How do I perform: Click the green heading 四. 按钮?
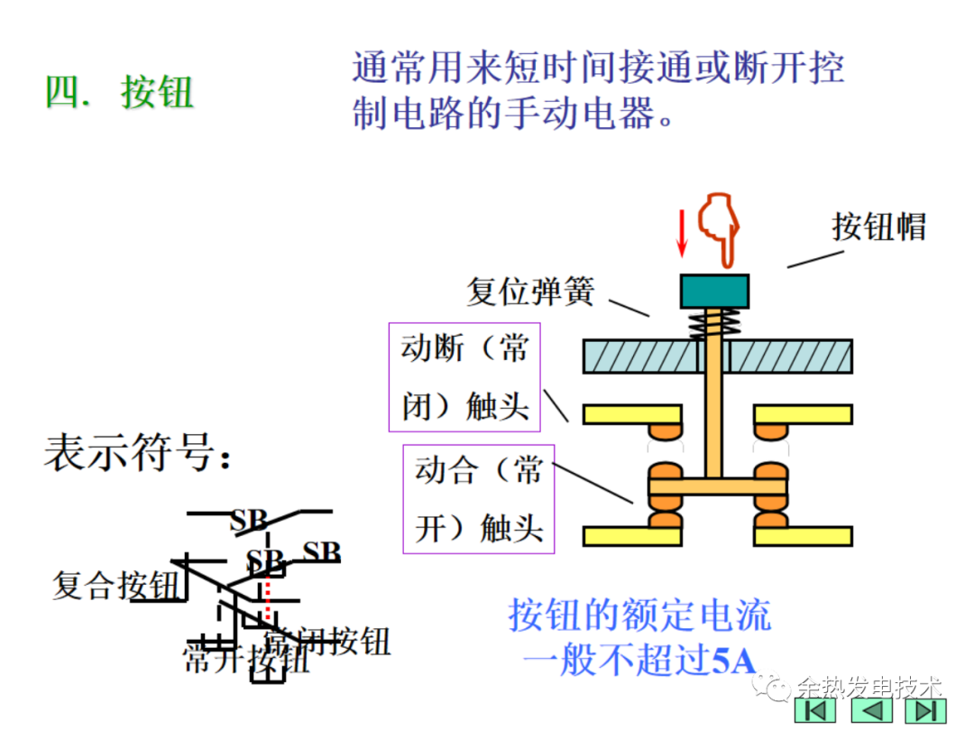click(120, 92)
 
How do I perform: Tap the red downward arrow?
click(682, 233)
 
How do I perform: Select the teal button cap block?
click(714, 291)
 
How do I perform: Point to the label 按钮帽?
click(878, 227)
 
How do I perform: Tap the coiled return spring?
click(714, 323)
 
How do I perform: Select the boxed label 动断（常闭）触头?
click(464, 376)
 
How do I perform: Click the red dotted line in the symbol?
click(268, 600)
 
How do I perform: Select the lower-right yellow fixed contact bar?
click(804, 536)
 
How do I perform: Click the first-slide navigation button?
click(818, 711)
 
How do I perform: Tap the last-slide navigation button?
click(923, 711)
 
